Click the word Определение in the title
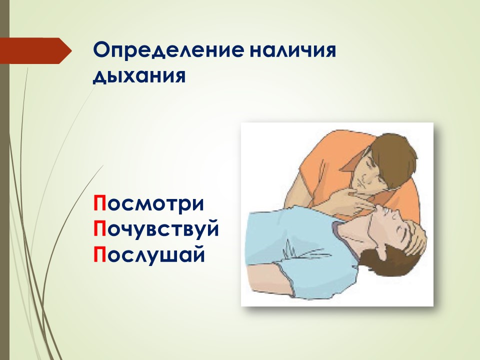pyautogui.click(x=169, y=50)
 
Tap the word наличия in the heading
pyautogui.click(x=293, y=50)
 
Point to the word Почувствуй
pyautogui.click(x=156, y=228)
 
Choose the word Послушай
pyautogui.click(x=149, y=254)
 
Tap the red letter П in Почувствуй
pyautogui.click(x=100, y=228)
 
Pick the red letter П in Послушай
pyautogui.click(x=100, y=254)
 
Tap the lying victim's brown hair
pyautogui.click(x=395, y=263)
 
